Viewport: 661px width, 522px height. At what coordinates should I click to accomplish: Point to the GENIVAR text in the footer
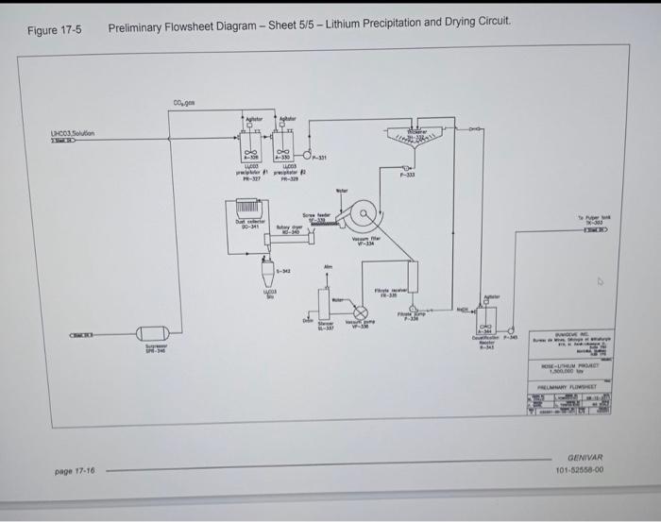pos(586,455)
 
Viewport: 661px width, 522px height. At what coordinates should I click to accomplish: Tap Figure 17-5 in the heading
pos(54,28)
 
